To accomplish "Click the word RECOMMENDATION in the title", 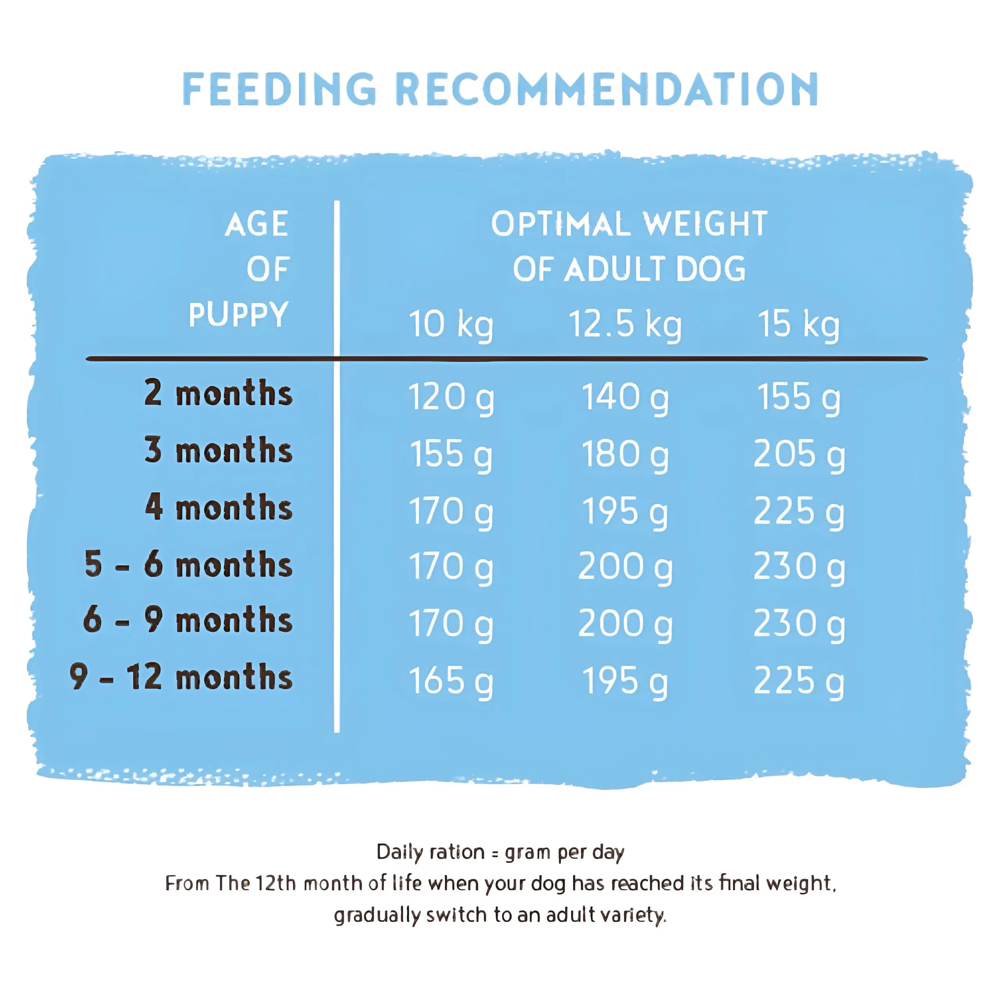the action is pos(607,89).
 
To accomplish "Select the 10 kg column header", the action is pos(451,325).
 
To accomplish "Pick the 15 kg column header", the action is pos(799,325).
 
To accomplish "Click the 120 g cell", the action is pos(451,398).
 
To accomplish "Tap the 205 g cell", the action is pos(799,454).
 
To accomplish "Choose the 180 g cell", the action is pos(625,454).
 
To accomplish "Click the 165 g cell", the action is pos(451,681).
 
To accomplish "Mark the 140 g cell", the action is pos(625,398).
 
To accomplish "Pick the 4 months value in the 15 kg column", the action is pos(799,511).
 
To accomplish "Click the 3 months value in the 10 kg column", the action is pos(451,454).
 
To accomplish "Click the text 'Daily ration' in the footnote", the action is pos(430,852).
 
